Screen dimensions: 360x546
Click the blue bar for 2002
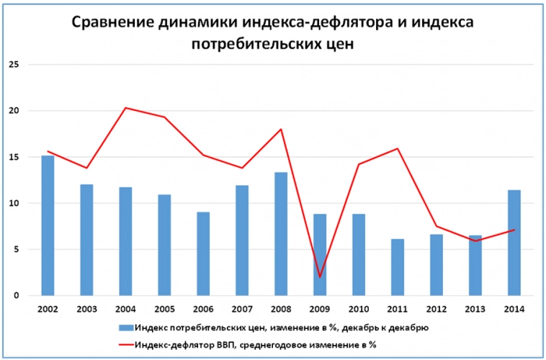click(x=48, y=225)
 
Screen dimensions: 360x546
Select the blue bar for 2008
click(x=281, y=234)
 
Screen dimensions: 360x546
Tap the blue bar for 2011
click(x=398, y=267)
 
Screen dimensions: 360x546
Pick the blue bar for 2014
click(x=514, y=243)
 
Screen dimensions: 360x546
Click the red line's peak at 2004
click(x=125, y=108)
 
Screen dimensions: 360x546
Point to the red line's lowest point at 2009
click(x=320, y=276)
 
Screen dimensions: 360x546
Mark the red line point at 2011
click(x=398, y=148)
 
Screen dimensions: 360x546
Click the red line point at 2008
click(x=281, y=129)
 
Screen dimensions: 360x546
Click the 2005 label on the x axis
click(x=164, y=310)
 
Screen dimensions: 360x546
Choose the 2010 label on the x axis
click(x=359, y=310)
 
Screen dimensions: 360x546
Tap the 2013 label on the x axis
click(x=475, y=310)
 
